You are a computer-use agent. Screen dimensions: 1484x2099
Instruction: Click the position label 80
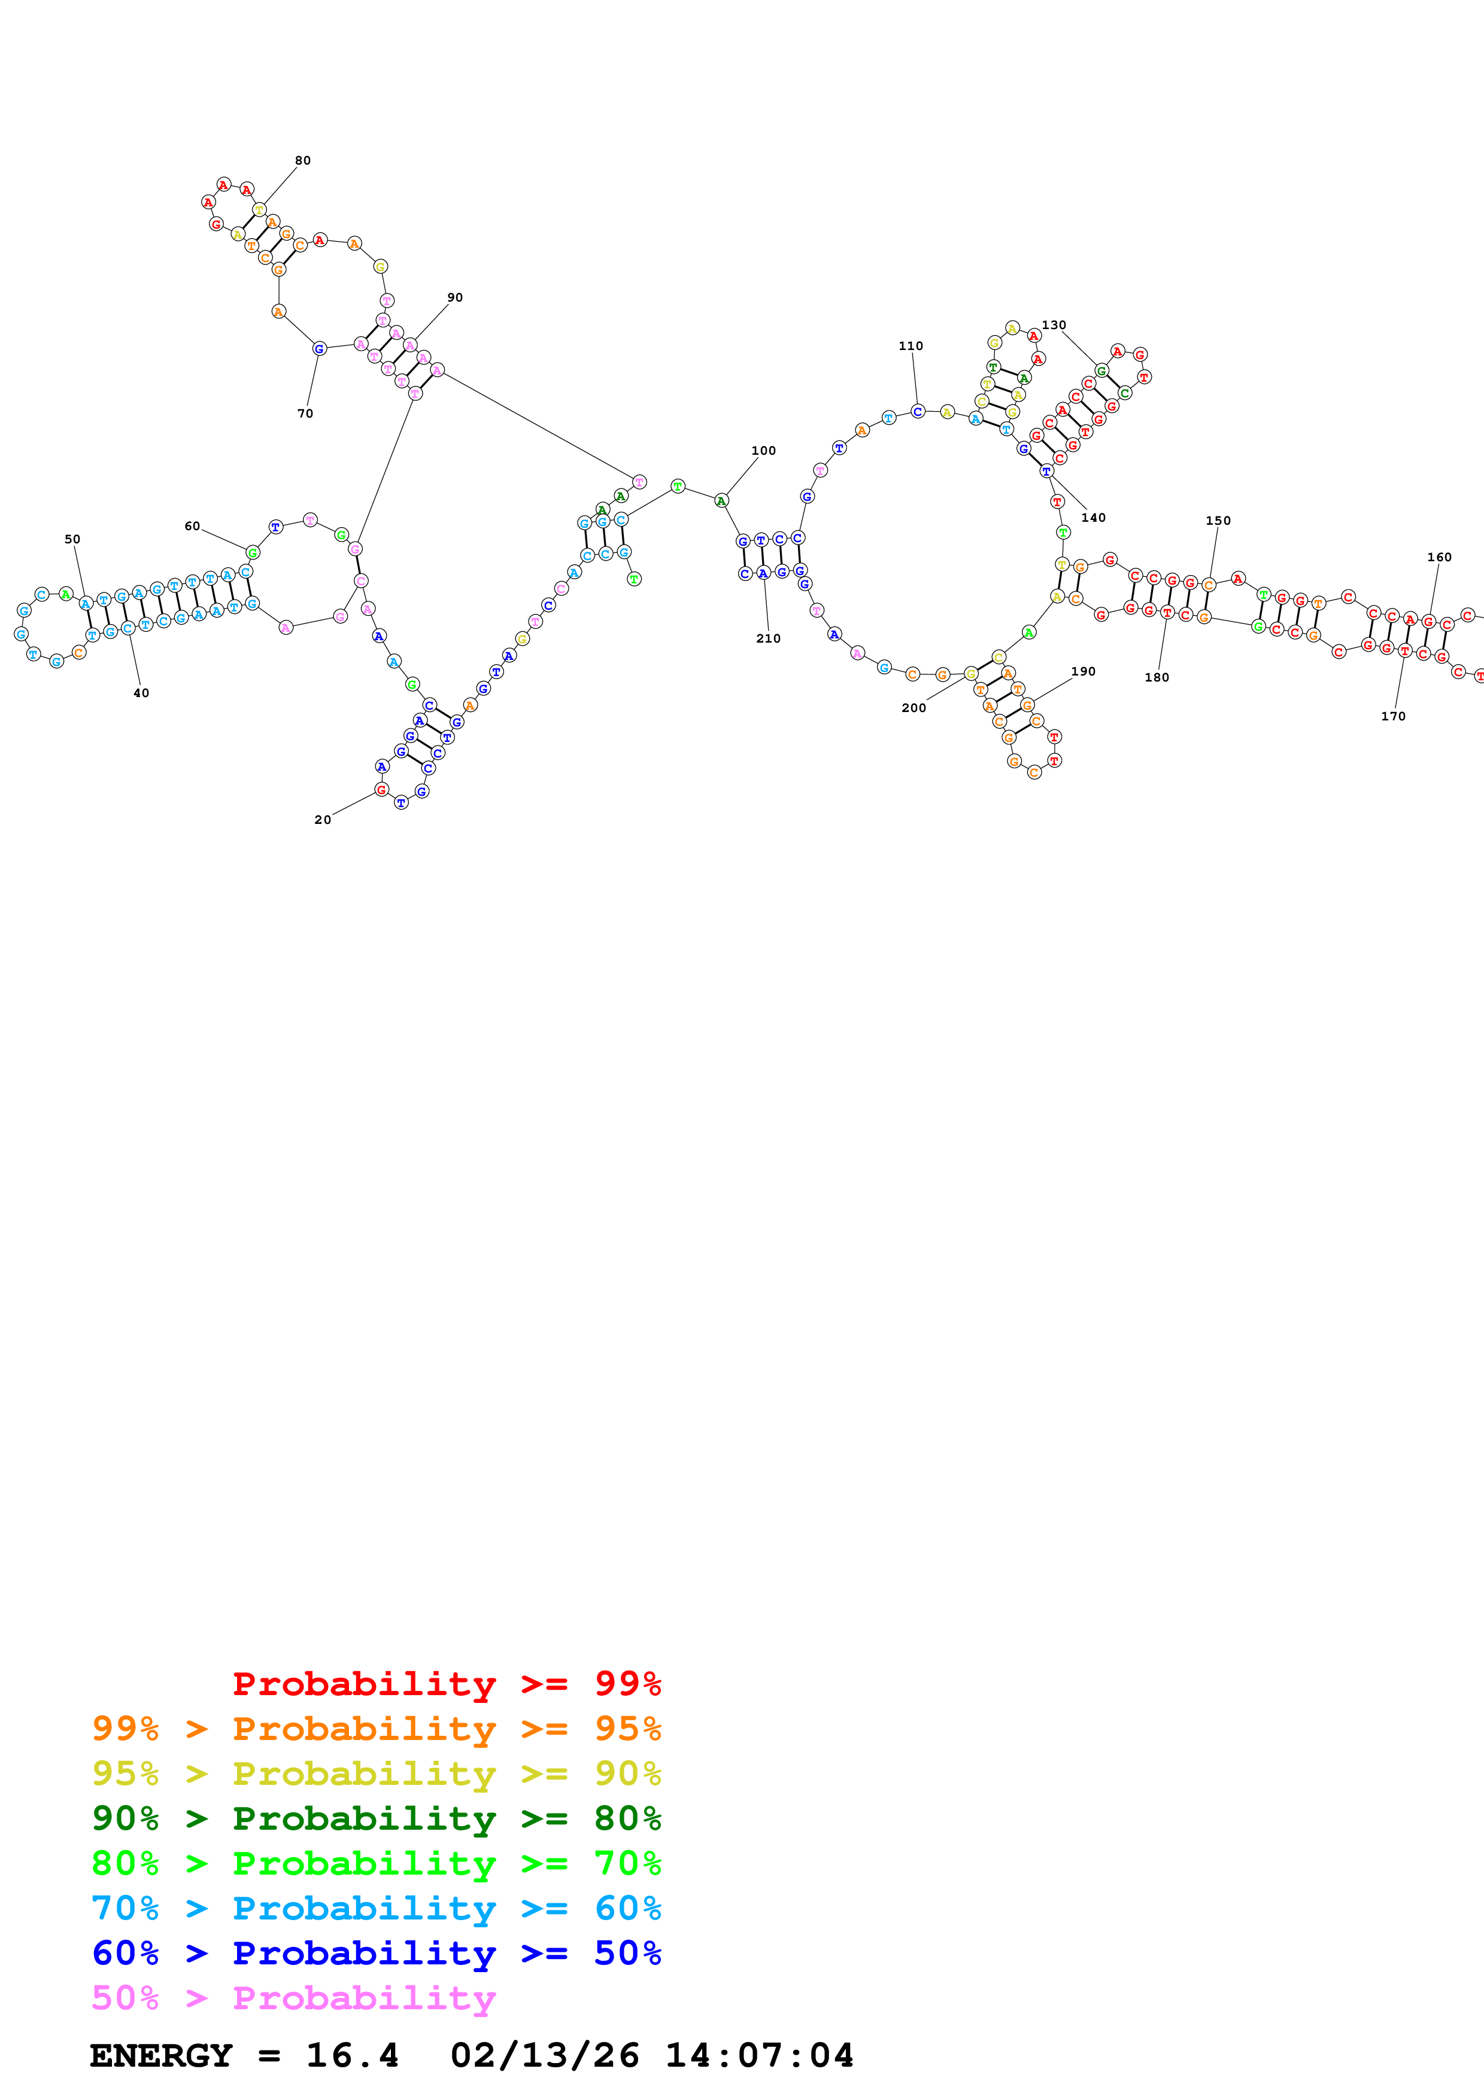pyautogui.click(x=303, y=161)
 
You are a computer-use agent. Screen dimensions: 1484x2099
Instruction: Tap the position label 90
pyautogui.click(x=454, y=298)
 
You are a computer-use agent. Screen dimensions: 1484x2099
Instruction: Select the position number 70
pyautogui.click(x=305, y=414)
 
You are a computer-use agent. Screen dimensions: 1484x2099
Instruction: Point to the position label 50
pyautogui.click(x=72, y=539)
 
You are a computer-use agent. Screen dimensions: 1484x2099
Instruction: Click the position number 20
pyautogui.click(x=323, y=820)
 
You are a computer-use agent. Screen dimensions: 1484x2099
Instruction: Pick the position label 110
pyautogui.click(x=911, y=346)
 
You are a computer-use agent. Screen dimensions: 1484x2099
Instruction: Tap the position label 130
pyautogui.click(x=1054, y=326)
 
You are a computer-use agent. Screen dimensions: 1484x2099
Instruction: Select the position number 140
pyautogui.click(x=1094, y=518)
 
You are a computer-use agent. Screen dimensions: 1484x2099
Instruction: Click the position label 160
pyautogui.click(x=1439, y=558)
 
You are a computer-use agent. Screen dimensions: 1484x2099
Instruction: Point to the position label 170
pyautogui.click(x=1394, y=717)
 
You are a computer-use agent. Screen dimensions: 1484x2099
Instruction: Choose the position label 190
pyautogui.click(x=1084, y=672)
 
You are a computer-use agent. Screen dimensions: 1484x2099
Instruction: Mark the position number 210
pyautogui.click(x=768, y=639)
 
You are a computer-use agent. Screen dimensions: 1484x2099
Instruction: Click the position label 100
pyautogui.click(x=763, y=451)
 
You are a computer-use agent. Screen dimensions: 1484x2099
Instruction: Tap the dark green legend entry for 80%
pyautogui.click(x=376, y=1818)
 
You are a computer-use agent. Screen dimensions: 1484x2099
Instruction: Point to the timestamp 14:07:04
pyautogui.click(x=759, y=2056)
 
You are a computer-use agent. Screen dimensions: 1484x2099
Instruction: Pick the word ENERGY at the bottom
pyautogui.click(x=161, y=2056)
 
